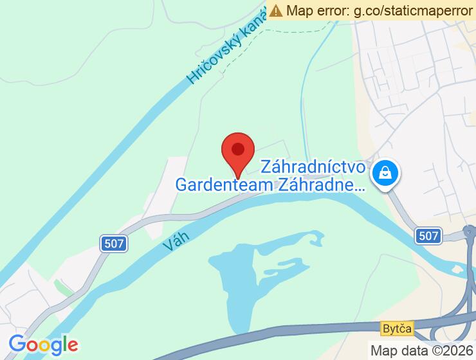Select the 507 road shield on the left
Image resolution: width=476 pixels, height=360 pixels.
coord(114,243)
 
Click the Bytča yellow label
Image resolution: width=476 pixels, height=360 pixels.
coord(396,328)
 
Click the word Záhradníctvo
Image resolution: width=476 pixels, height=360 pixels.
coord(314,168)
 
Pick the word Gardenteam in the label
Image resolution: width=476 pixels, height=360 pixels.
coord(223,185)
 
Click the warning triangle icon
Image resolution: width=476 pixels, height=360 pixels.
coord(277,10)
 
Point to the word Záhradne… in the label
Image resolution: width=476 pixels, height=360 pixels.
coord(320,185)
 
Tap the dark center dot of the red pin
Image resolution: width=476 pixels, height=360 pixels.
coord(238,149)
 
